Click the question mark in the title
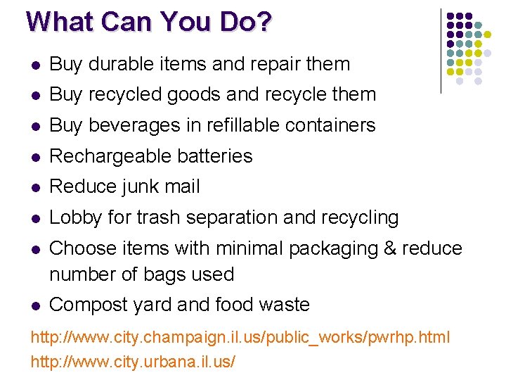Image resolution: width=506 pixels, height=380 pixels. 263,22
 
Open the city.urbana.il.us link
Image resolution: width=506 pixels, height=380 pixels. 134,362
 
